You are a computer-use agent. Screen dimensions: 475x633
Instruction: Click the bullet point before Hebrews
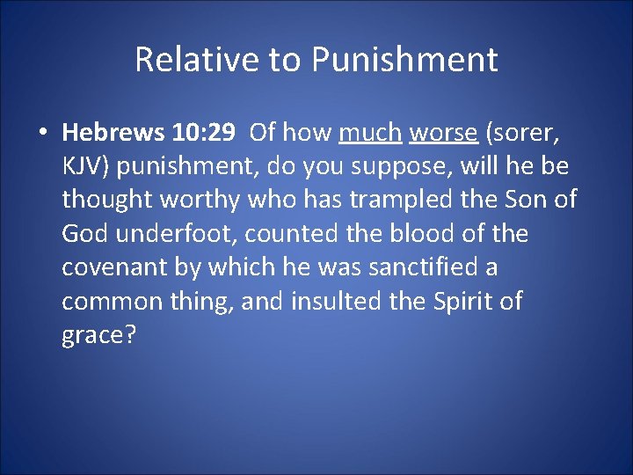42,134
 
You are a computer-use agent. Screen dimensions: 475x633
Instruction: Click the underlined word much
370,133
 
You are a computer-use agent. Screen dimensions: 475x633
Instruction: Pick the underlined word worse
443,133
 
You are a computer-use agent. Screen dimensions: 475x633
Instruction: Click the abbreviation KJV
82,166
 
